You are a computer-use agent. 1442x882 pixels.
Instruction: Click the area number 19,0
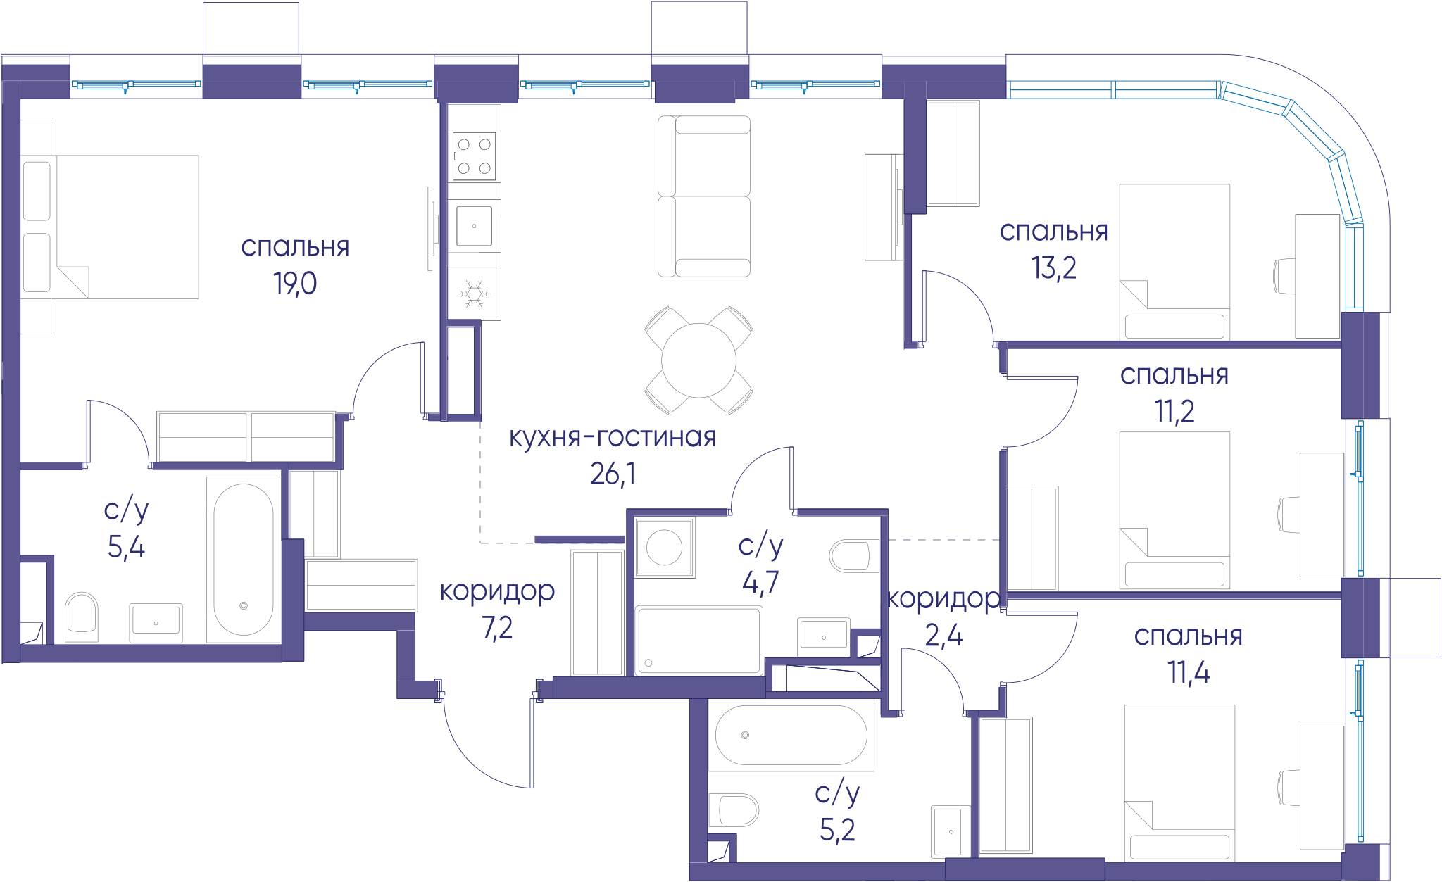pos(295,284)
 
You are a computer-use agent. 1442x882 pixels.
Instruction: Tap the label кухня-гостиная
pos(613,437)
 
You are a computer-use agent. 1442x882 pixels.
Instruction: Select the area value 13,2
pos(1053,268)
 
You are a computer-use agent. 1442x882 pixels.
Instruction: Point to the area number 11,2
pos(1174,411)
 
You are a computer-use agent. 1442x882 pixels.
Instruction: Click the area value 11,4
pos(1189,672)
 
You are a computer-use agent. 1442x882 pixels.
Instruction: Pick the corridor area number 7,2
pos(497,628)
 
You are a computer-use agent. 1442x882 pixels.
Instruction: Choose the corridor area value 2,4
pos(943,636)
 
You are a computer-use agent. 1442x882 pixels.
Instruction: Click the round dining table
pos(698,360)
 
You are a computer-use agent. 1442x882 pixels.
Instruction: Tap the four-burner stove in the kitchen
pos(474,156)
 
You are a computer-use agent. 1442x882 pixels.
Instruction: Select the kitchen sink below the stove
pos(474,226)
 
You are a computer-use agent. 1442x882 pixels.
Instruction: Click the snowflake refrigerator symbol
pos(475,294)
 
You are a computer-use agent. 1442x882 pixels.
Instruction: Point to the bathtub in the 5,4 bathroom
pos(244,560)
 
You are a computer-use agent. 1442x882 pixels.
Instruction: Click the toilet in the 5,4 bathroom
pos(81,617)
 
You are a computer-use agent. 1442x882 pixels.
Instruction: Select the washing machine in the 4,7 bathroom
pos(664,547)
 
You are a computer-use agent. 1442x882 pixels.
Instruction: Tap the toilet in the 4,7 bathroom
pos(854,556)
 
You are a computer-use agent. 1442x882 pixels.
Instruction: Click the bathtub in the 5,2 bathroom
pos(791,735)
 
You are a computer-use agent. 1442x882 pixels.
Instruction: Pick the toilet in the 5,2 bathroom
pos(734,810)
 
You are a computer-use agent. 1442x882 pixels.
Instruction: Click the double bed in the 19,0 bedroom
pos(110,227)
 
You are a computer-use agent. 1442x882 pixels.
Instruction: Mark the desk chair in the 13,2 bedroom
pos(1285,276)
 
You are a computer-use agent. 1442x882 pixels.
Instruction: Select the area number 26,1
pos(613,474)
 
